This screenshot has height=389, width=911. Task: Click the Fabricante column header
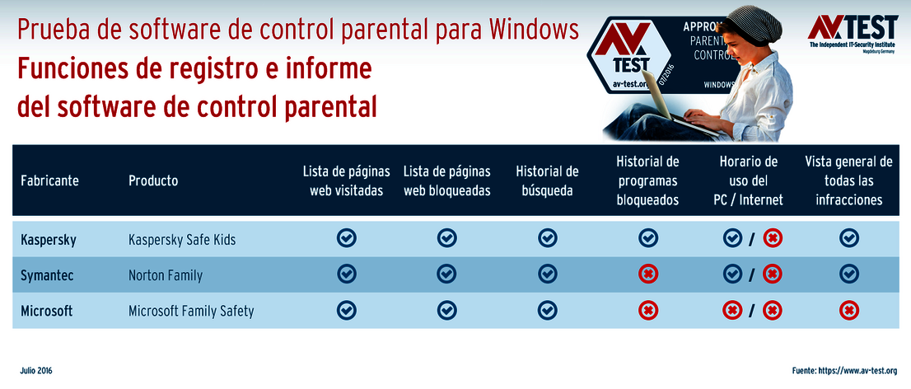pyautogui.click(x=49, y=181)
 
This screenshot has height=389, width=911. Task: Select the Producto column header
pyautogui.click(x=153, y=181)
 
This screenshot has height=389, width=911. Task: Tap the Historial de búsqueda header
pyautogui.click(x=547, y=181)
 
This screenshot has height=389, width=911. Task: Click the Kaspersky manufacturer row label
pyautogui.click(x=49, y=240)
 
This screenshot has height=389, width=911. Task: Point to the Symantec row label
pyautogui.click(x=47, y=275)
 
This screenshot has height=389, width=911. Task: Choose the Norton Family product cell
pyautogui.click(x=166, y=275)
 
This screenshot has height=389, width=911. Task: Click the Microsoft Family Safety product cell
pyautogui.click(x=191, y=311)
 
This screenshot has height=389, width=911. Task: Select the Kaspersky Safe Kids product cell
pyautogui.click(x=182, y=240)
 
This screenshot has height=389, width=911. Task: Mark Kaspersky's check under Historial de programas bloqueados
pyautogui.click(x=648, y=239)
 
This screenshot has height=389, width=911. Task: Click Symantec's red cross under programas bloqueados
pyautogui.click(x=648, y=274)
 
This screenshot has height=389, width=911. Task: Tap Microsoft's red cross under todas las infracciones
pyautogui.click(x=848, y=311)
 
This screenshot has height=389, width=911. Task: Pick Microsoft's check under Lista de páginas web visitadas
pyautogui.click(x=347, y=310)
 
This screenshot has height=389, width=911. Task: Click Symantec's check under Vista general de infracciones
pyautogui.click(x=848, y=274)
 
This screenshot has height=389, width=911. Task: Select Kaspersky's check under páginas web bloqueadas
pyautogui.click(x=446, y=239)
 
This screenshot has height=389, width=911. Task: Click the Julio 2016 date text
pyautogui.click(x=36, y=372)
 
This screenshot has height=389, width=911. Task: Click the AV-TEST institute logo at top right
pyautogui.click(x=852, y=33)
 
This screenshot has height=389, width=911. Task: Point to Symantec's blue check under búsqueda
pyautogui.click(x=548, y=274)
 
